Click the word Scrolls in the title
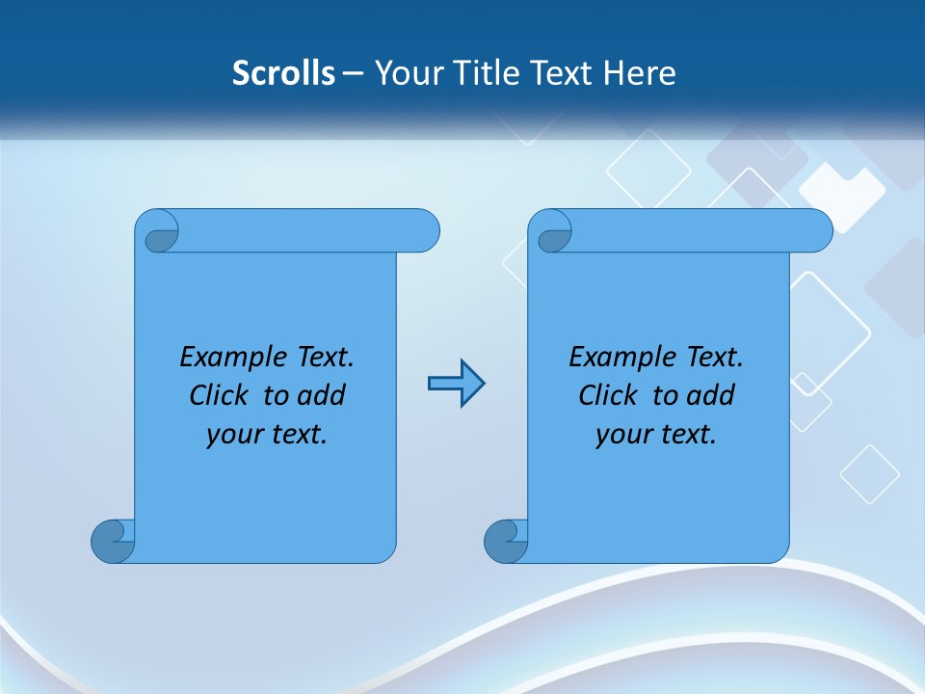pyautogui.click(x=283, y=73)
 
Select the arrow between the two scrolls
pyautogui.click(x=456, y=384)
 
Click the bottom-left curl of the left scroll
pyautogui.click(x=113, y=541)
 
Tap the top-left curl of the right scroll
pyautogui.click(x=554, y=235)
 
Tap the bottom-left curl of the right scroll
pyautogui.click(x=506, y=541)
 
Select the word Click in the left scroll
pyautogui.click(x=222, y=395)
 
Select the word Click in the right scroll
pyautogui.click(x=611, y=395)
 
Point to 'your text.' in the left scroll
pyautogui.click(x=267, y=435)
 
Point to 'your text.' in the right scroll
pyautogui.click(x=656, y=435)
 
